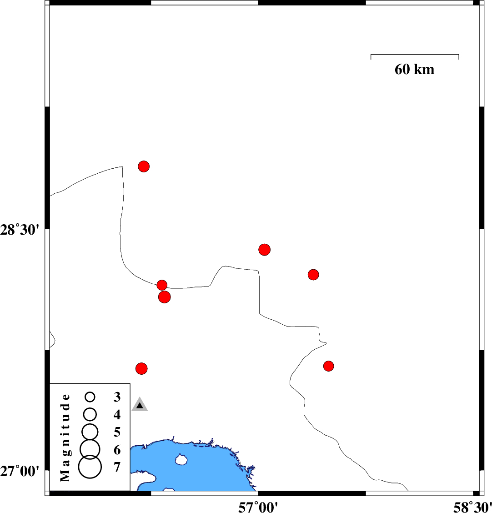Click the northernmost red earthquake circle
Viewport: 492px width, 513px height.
[x=144, y=166]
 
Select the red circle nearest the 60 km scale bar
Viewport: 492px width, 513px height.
[x=313, y=275]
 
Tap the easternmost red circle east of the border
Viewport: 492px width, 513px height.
[x=329, y=366]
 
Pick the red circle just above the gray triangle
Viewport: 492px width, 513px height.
[x=142, y=368]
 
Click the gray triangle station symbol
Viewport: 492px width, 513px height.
[x=140, y=405]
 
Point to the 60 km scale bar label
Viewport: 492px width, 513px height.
[x=414, y=70]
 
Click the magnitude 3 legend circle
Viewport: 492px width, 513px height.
[x=90, y=397]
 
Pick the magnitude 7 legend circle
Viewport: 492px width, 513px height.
[x=90, y=467]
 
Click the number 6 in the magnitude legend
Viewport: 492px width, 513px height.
[x=117, y=450]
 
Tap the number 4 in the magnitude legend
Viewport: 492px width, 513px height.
[x=117, y=415]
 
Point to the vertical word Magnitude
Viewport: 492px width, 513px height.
[x=65, y=437]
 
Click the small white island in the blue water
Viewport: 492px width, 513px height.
[x=181, y=460]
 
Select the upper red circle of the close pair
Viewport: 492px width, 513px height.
[x=162, y=285]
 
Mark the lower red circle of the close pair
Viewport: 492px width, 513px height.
[x=165, y=297]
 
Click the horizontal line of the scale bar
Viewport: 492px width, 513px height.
[x=415, y=55]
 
